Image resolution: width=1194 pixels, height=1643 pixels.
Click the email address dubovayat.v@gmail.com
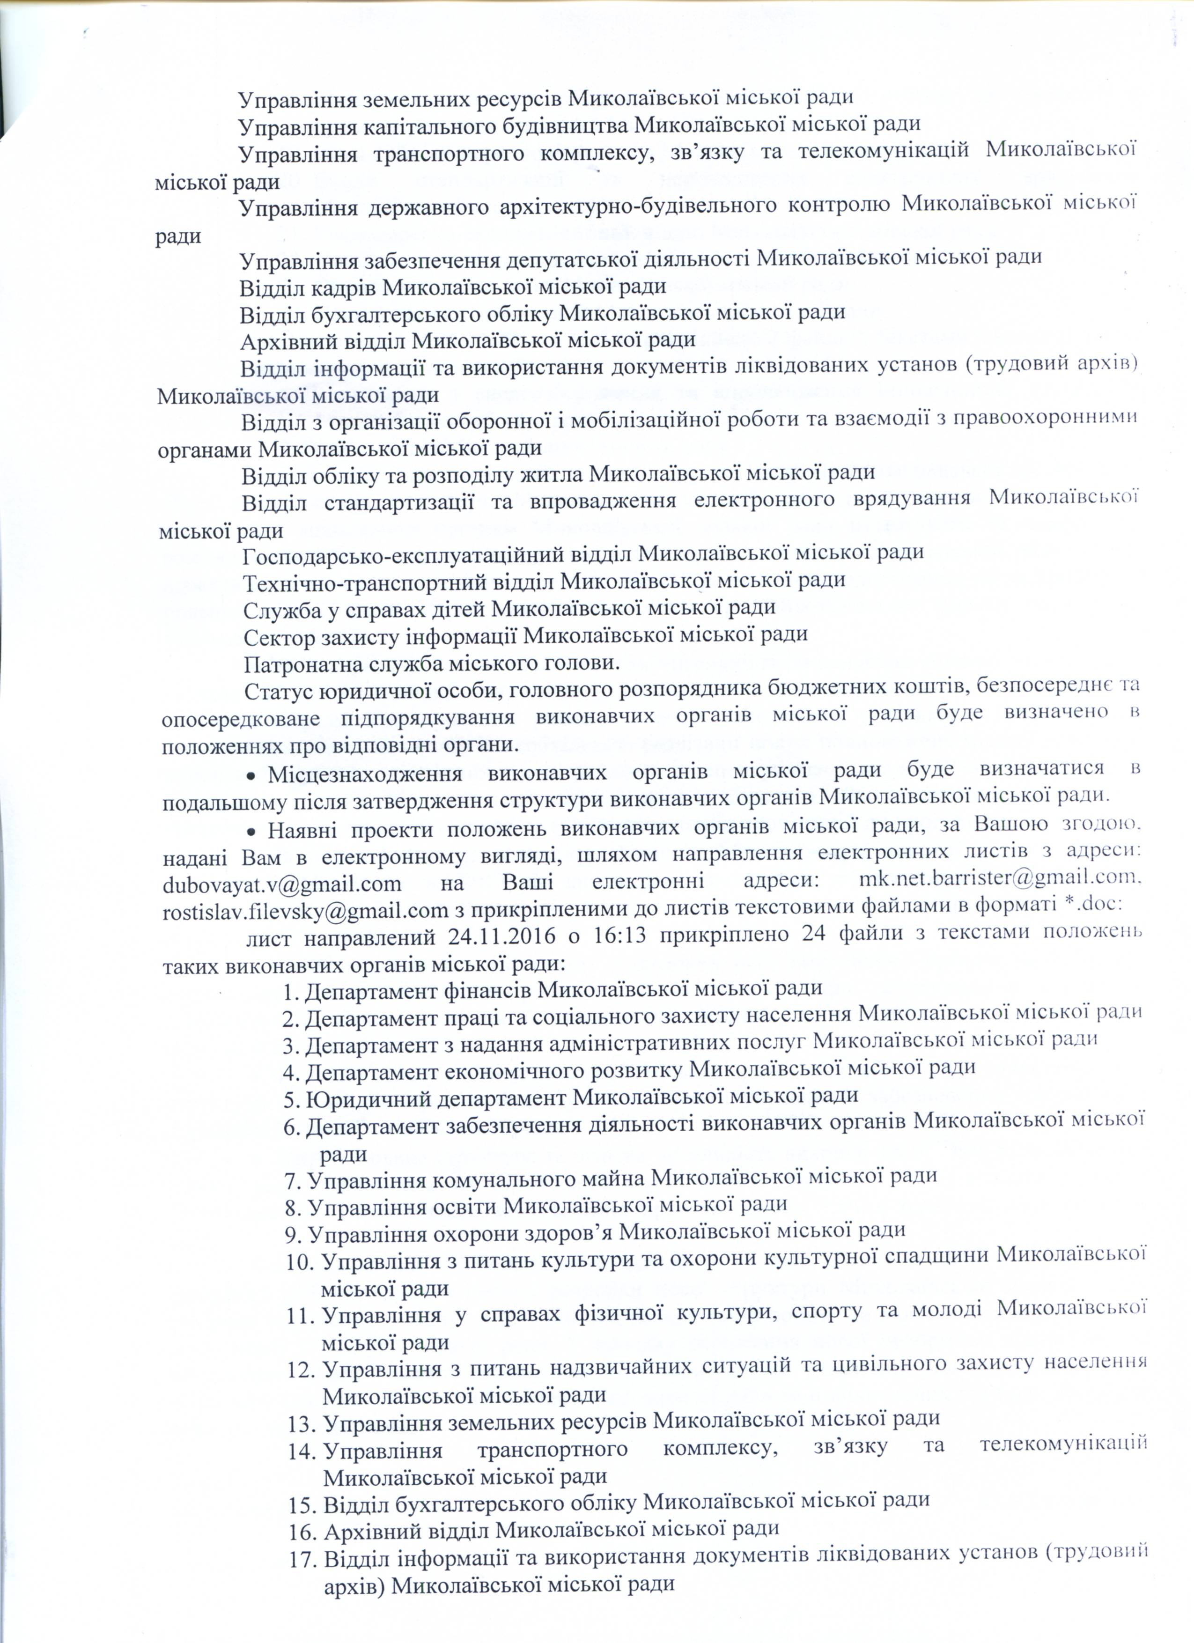click(x=282, y=883)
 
